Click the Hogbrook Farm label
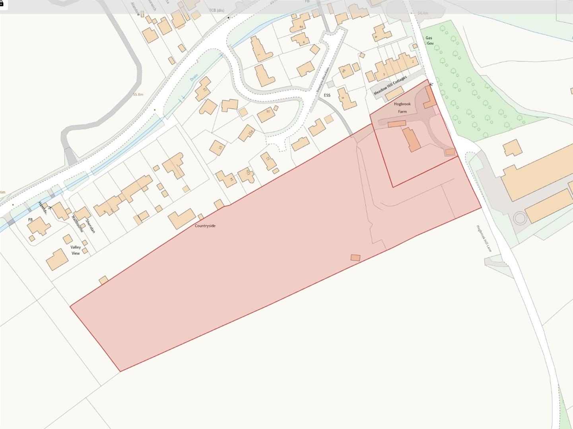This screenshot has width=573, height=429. coord(402,108)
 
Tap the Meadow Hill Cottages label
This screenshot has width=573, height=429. coord(390,85)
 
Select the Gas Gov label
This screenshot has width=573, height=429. coord(429,41)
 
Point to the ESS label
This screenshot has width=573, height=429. coord(327,95)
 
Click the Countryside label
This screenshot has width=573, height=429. coord(205,226)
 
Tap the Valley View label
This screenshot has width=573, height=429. coord(76,250)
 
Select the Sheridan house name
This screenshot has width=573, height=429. coord(90,225)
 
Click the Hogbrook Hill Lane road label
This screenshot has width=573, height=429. coord(484,238)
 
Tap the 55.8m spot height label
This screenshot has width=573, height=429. coord(138,95)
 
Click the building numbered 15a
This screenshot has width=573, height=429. coord(247,133)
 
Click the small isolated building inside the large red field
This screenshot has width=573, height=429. coord(355,258)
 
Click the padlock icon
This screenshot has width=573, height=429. coord(2,3)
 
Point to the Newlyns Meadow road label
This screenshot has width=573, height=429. coord(322,79)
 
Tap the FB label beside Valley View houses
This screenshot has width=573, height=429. coord(30,220)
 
